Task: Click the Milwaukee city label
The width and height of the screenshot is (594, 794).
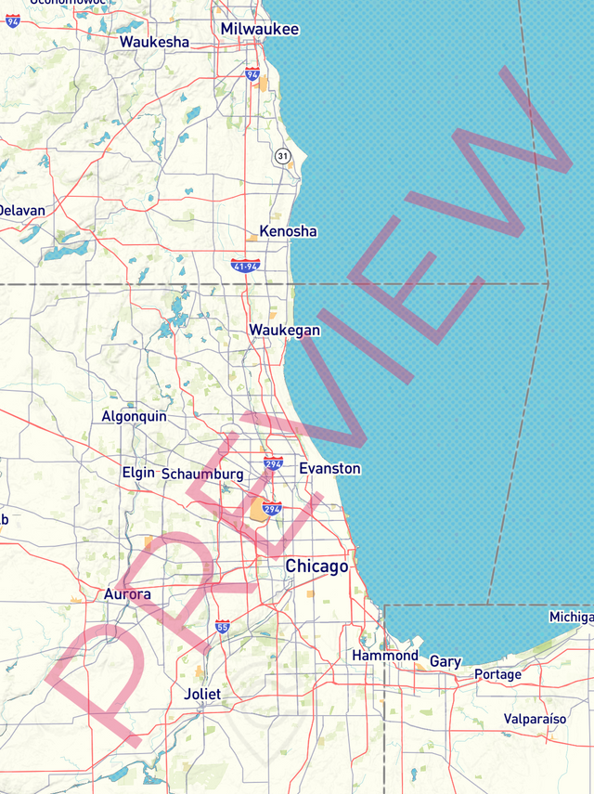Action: (x=260, y=30)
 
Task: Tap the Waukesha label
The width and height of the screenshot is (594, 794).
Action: (x=154, y=42)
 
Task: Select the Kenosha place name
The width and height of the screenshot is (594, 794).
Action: (x=288, y=231)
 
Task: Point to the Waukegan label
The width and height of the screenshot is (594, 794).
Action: (x=284, y=330)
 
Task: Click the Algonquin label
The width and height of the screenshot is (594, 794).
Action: (x=134, y=416)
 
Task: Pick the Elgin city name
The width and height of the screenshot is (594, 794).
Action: (x=138, y=473)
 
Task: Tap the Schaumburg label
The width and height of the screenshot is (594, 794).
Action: (x=202, y=475)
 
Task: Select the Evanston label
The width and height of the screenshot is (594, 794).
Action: (x=329, y=469)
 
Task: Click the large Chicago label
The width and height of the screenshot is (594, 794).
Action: (x=316, y=566)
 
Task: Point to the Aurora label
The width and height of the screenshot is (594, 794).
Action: (x=127, y=594)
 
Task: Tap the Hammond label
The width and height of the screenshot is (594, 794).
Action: (x=385, y=656)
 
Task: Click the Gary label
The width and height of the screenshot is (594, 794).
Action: (x=445, y=662)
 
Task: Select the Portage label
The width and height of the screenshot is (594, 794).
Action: (x=497, y=674)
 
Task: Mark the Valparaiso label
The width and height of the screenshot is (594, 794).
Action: (x=535, y=719)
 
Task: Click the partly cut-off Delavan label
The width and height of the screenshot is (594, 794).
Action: (x=21, y=211)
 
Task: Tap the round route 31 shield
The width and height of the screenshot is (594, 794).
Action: (x=282, y=156)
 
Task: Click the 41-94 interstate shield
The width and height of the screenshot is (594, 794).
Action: (x=246, y=267)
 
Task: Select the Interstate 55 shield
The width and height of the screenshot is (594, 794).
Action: (x=223, y=627)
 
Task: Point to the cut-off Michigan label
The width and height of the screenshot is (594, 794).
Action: (x=571, y=618)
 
